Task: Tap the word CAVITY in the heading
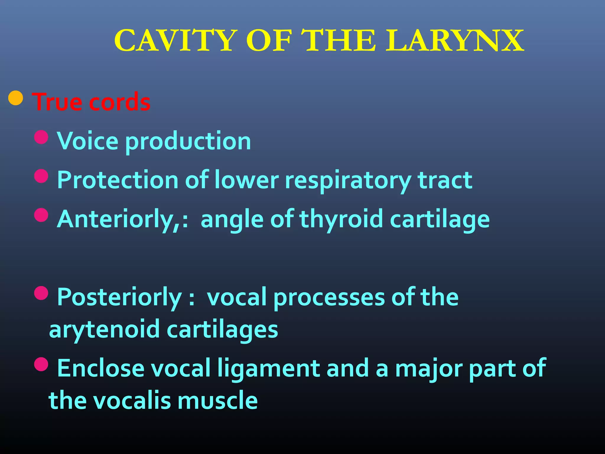coord(176,41)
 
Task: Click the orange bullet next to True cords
coord(16,98)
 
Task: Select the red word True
coord(57,102)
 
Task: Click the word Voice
coord(88,141)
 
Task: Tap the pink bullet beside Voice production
coord(41,137)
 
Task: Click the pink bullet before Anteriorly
coord(41,215)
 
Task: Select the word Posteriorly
coord(119,297)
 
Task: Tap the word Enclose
coord(101,368)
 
